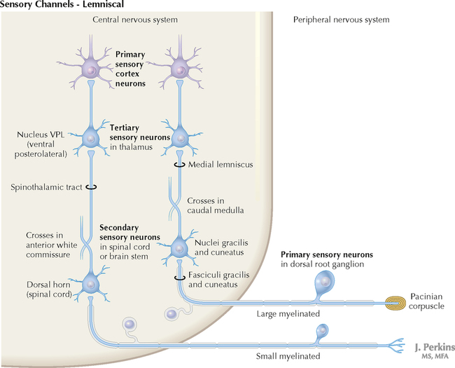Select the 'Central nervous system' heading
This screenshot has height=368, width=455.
point(135,20)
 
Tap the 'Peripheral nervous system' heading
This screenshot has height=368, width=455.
point(340,20)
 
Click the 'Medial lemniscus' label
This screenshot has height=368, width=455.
point(217,165)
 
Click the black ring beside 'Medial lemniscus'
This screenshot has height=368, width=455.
point(179,165)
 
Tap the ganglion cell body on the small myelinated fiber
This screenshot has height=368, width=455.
point(323,330)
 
